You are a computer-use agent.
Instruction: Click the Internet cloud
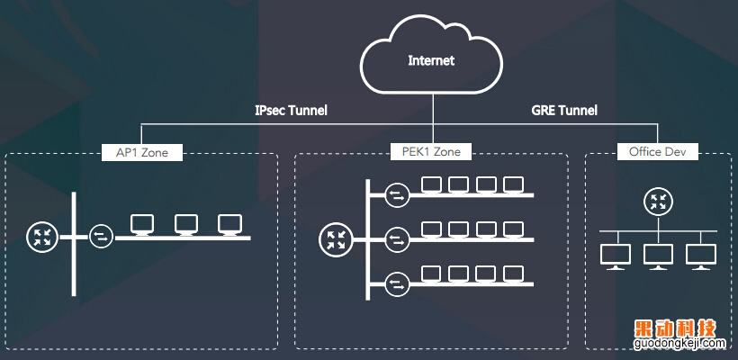431,61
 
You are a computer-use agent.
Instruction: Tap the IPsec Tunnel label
291,111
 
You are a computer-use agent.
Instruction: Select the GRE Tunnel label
565,111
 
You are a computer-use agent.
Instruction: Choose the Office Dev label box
658,152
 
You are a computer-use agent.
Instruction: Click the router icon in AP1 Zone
41,238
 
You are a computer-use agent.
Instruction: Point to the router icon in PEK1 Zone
335,239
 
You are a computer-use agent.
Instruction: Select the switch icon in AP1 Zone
103,238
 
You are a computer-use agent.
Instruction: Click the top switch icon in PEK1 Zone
396,193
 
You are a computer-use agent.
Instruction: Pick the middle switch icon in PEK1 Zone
396,239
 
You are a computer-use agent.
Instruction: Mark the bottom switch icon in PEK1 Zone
396,284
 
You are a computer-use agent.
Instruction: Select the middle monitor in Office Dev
657,255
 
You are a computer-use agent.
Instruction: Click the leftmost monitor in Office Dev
616,255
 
